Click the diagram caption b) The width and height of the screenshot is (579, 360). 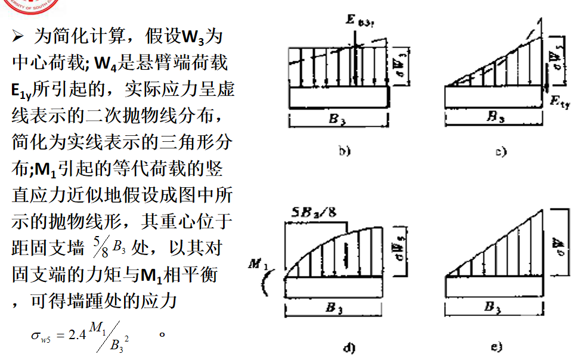coord(343,151)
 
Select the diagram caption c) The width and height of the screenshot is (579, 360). coord(501,151)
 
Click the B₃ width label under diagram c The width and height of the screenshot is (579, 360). coord(495,117)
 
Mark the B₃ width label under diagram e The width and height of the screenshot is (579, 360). coord(493,308)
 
